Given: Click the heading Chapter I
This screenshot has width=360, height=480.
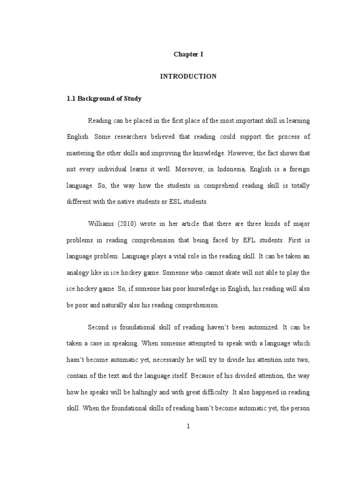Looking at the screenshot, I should [x=188, y=54].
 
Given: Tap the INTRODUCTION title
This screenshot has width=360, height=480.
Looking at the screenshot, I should [x=188, y=76].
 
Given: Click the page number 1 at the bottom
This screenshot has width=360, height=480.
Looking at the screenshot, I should [x=188, y=427].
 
